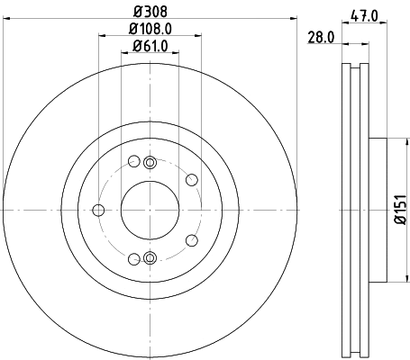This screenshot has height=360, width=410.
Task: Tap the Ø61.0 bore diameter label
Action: pyautogui.click(x=150, y=46)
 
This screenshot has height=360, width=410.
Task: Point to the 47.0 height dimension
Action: pyautogui.click(x=363, y=13)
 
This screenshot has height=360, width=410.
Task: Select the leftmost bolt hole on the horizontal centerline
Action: pyautogui.click(x=98, y=211)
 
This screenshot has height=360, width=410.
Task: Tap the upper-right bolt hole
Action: pyautogui.click(x=191, y=180)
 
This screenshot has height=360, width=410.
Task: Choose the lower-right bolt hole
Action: pyautogui.click(x=191, y=240)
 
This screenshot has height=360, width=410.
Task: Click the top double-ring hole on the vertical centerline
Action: pyautogui.click(x=150, y=162)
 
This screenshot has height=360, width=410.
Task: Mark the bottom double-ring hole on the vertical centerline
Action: pyautogui.click(x=150, y=259)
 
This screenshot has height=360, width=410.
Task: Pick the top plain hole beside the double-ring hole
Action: pyautogui.click(x=134, y=162)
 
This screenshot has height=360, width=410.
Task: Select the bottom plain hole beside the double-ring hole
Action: pyautogui.click(x=134, y=259)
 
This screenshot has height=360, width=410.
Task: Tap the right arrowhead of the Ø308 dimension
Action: pyautogui.click(x=293, y=22)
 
